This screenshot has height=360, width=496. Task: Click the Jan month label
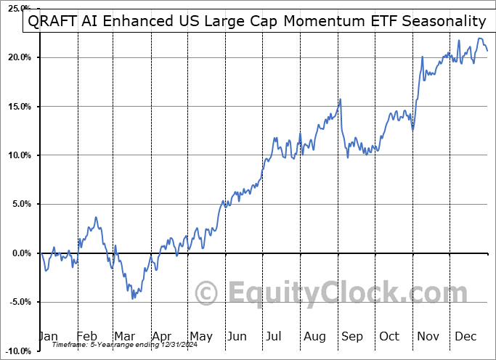[48, 337]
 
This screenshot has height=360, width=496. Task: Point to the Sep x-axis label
[352, 337]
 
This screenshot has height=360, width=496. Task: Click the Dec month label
[465, 337]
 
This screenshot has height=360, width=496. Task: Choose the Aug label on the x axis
[315, 337]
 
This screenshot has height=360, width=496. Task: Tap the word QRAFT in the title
[52, 22]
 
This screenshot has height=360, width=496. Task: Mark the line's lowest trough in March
[132, 298]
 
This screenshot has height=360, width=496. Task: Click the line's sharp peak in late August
[340, 99]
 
